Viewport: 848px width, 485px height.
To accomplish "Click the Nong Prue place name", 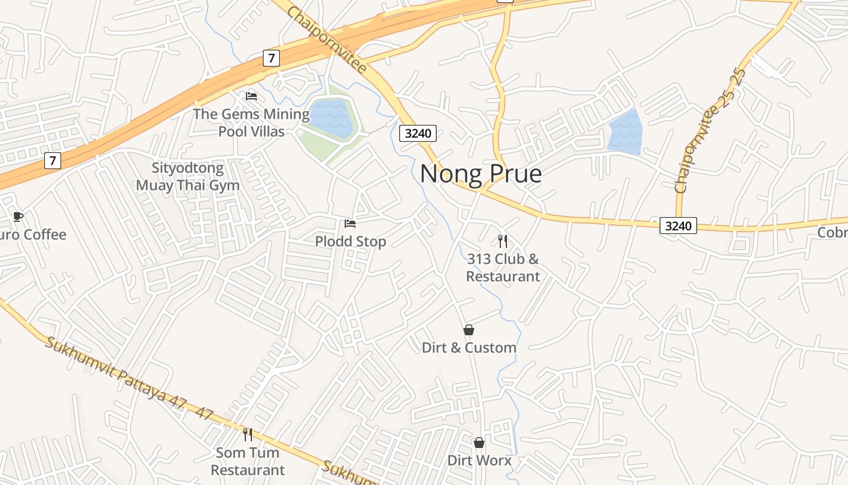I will [x=480, y=174].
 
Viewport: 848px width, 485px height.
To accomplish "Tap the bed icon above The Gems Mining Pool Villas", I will [x=251, y=96].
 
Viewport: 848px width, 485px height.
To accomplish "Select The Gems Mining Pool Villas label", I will [x=251, y=122].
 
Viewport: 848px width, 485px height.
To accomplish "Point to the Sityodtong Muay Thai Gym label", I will [x=187, y=176].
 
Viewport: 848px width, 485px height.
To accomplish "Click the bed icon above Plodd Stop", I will [x=350, y=224].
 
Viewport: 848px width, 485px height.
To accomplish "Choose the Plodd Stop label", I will [x=350, y=241].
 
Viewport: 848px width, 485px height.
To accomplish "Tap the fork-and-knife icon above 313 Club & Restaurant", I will [x=502, y=241].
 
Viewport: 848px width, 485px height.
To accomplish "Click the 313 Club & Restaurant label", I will [x=503, y=267].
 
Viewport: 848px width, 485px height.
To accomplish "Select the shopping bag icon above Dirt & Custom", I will [x=469, y=330].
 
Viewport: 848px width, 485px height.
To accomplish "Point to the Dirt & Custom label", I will [x=469, y=347].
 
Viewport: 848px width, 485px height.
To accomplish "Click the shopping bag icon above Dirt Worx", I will [x=479, y=443].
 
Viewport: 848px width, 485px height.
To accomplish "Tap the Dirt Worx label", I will [x=479, y=460].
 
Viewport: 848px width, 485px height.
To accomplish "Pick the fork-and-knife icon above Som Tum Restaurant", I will [x=247, y=434].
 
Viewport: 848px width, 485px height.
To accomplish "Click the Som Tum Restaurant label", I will [x=247, y=461].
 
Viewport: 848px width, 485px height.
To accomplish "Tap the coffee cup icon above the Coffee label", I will [x=18, y=216].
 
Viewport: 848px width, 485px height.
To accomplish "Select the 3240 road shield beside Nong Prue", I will [x=418, y=133].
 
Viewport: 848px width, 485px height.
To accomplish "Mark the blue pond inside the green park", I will [x=331, y=118].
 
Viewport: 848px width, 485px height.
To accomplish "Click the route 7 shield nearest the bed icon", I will [x=271, y=58].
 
